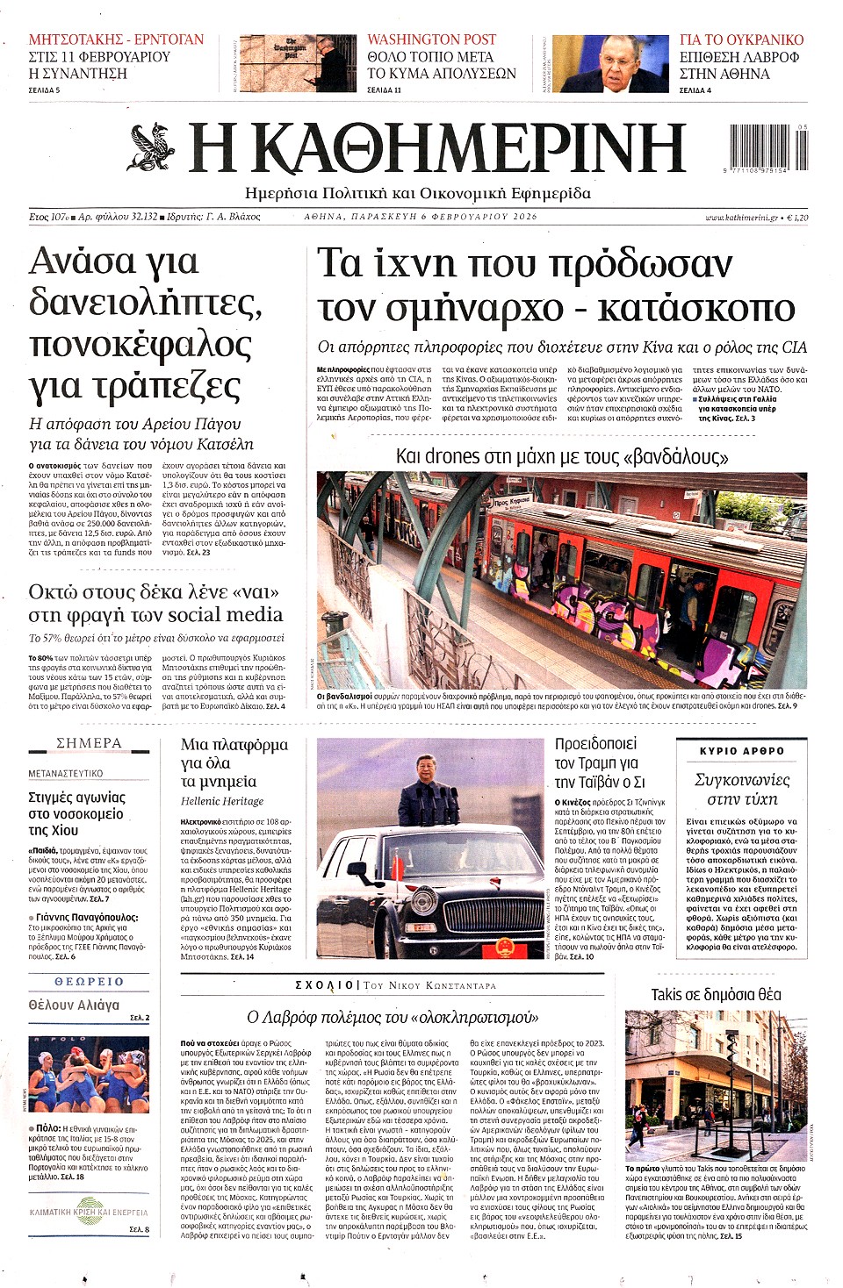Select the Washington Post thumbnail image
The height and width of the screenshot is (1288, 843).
(299, 64)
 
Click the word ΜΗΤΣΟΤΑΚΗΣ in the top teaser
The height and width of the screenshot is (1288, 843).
(73, 39)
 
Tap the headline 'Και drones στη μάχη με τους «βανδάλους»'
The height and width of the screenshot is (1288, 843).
(561, 456)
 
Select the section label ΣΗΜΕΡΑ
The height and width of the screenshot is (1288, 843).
(89, 743)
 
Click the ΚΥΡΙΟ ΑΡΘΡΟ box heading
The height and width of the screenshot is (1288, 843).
(741, 751)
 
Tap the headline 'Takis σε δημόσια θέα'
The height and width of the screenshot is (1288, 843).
(716, 994)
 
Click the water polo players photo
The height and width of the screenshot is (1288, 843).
(89, 1076)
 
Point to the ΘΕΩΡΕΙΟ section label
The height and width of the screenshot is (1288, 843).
(89, 982)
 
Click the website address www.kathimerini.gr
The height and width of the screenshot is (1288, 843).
(741, 217)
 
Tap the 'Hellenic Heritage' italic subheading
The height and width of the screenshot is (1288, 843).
(222, 801)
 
